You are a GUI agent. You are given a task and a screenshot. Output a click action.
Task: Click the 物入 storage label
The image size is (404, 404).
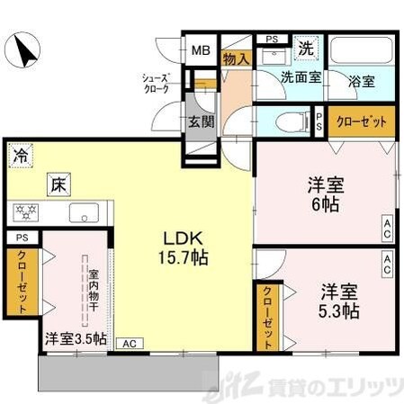click(236, 57)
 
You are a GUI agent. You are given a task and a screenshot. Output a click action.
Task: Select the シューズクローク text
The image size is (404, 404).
click(157, 84)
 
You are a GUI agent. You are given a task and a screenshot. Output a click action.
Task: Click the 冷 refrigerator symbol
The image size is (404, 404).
click(20, 155)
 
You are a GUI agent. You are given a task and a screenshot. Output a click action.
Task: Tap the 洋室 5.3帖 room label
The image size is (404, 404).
click(340, 301)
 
